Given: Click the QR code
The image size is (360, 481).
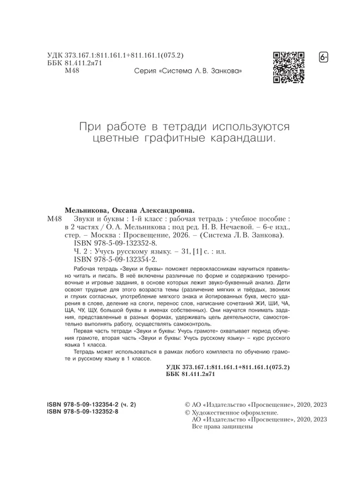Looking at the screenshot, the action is [289, 67].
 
